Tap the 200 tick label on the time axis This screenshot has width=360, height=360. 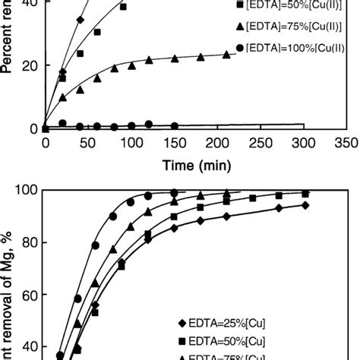click(219, 143)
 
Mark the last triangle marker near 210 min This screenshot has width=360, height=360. click(226, 55)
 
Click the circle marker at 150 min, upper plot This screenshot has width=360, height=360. click(175, 125)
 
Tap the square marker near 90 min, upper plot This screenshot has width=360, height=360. click(124, 6)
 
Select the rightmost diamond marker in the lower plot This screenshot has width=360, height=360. click(305, 205)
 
